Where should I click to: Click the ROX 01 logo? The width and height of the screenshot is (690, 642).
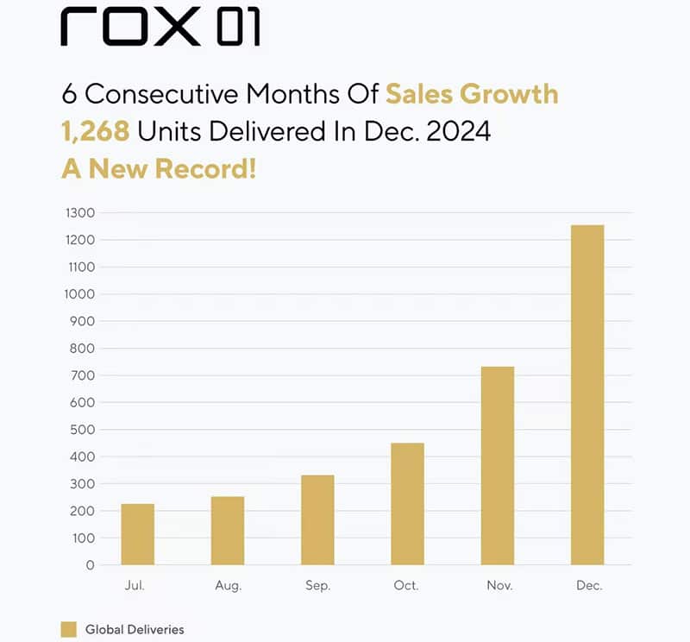pyautogui.click(x=160, y=28)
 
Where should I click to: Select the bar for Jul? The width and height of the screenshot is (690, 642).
pyautogui.click(x=137, y=534)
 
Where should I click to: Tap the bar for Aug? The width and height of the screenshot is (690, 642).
pyautogui.click(x=228, y=531)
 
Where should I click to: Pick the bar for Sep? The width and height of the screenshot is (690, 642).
pyautogui.click(x=317, y=519)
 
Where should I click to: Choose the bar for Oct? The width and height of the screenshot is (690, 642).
pyautogui.click(x=407, y=504)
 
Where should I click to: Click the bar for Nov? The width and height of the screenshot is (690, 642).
pyautogui.click(x=498, y=466)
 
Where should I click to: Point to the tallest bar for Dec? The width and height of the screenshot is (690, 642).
pyautogui.click(x=587, y=395)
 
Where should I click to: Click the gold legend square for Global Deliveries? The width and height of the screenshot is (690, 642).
pyautogui.click(x=69, y=629)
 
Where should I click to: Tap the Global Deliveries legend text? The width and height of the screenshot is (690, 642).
pyautogui.click(x=134, y=629)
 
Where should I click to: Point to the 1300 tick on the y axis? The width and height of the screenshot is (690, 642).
pyautogui.click(x=79, y=212)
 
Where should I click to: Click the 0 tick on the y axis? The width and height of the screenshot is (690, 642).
pyautogui.click(x=90, y=565)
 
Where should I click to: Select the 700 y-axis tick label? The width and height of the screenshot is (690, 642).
pyautogui.click(x=83, y=375)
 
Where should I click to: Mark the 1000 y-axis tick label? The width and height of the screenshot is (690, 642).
pyautogui.click(x=79, y=294)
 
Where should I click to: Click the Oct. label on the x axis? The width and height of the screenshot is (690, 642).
pyautogui.click(x=406, y=585)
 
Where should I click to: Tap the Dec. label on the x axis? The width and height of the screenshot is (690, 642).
pyautogui.click(x=589, y=585)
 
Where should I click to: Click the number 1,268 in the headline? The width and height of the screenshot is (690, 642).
pyautogui.click(x=95, y=130)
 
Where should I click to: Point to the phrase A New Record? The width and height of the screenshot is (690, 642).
pyautogui.click(x=159, y=167)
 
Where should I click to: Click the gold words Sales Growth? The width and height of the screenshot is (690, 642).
pyautogui.click(x=472, y=93)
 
